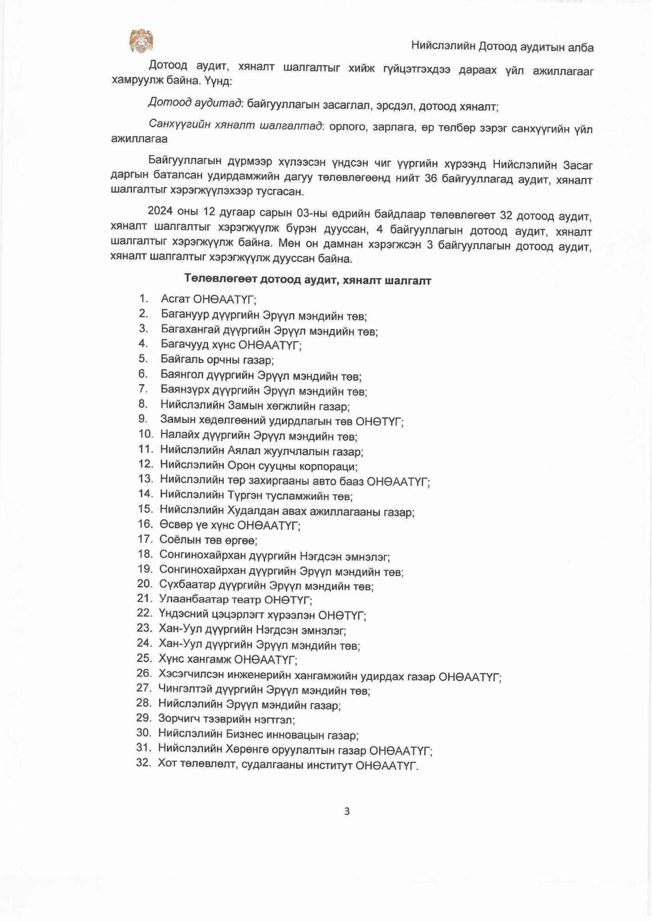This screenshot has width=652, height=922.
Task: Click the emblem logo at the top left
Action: click(141, 41)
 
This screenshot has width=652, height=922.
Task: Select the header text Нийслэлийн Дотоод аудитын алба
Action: click(502, 47)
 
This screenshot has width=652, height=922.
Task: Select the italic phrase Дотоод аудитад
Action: click(195, 103)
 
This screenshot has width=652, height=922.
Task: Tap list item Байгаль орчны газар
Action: click(217, 359)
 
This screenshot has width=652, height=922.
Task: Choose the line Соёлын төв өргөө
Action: click(208, 540)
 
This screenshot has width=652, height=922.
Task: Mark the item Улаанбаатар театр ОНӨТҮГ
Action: click(236, 599)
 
